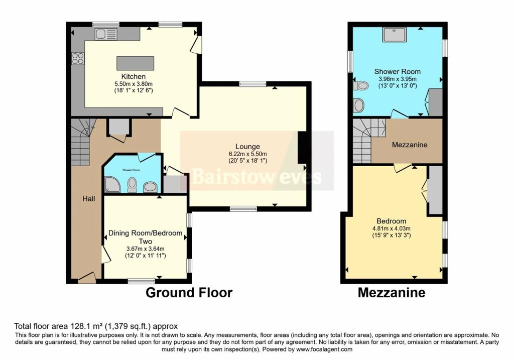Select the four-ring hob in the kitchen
pyautogui.click(x=78, y=58)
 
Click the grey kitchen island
pyautogui.click(x=135, y=64)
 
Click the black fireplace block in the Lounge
pyautogui.click(x=303, y=148)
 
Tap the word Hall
pyautogui.click(x=89, y=199)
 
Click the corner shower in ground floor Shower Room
pyautogui.click(x=111, y=185)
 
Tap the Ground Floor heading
pyautogui.click(x=189, y=293)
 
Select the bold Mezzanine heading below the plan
pyautogui.click(x=391, y=293)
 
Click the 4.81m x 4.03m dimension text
pyautogui.click(x=391, y=228)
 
